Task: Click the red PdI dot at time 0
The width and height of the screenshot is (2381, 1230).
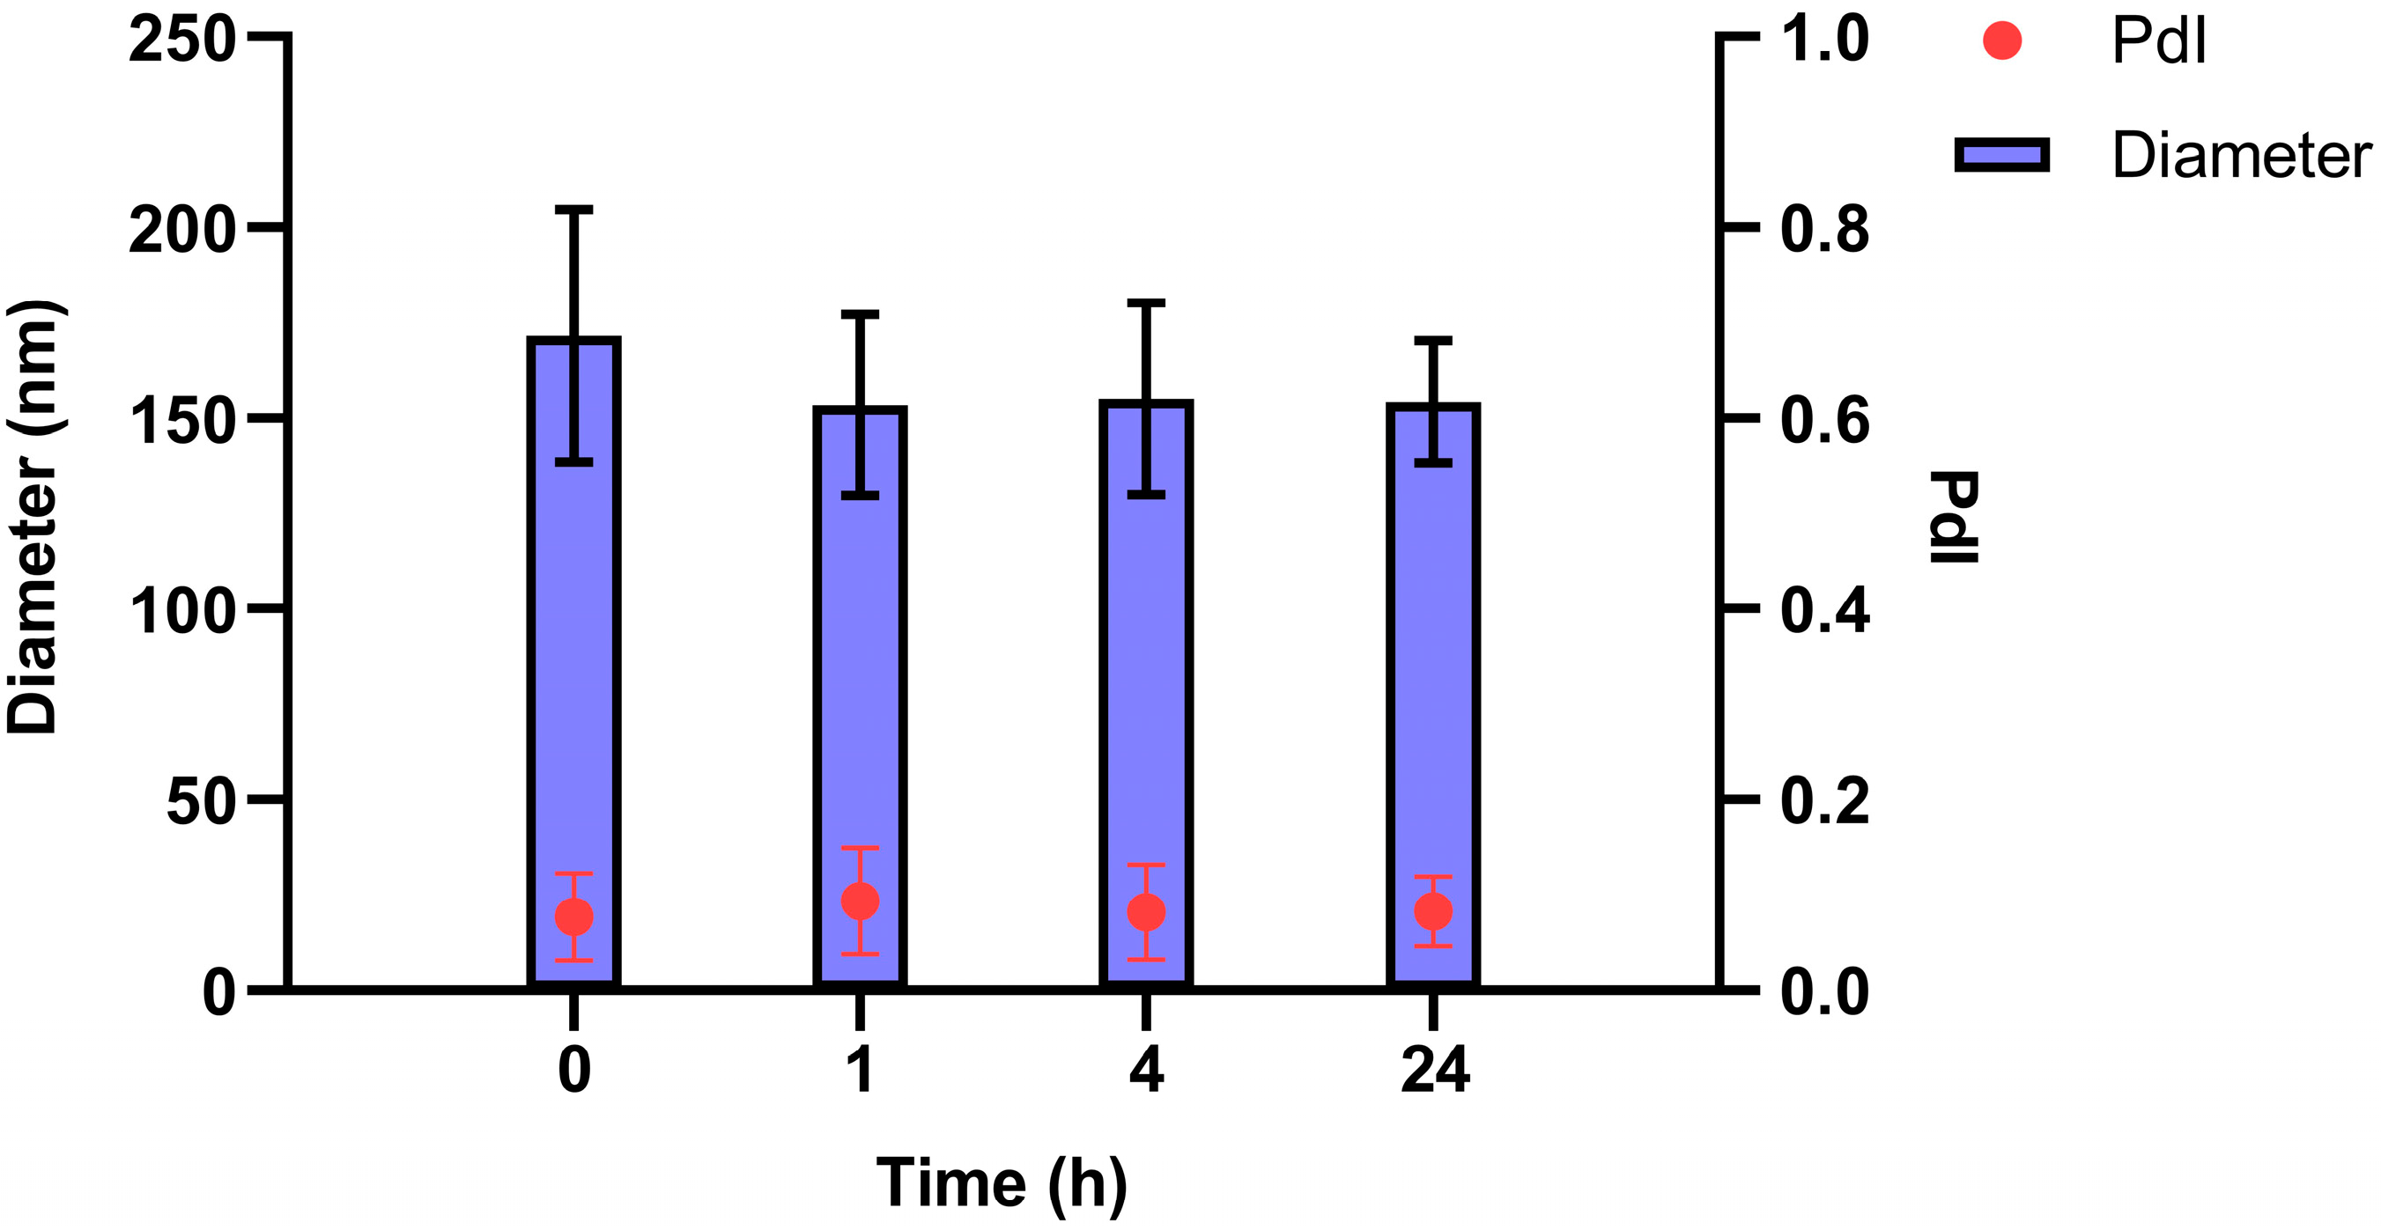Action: point(574,917)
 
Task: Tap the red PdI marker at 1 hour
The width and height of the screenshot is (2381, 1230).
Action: point(860,900)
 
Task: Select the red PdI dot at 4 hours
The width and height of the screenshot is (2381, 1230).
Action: point(1146,912)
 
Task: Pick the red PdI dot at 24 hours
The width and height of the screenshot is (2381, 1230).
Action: point(1432,911)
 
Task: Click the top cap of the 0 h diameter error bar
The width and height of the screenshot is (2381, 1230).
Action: point(574,210)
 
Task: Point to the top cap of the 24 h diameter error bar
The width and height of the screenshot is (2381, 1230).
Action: point(1432,340)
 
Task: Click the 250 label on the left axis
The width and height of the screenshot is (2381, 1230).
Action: point(182,41)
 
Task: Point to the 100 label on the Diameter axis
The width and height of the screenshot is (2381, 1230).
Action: point(182,611)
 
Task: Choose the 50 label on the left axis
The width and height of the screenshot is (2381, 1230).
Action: point(201,801)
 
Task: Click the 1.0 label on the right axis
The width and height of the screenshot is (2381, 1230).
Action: point(1824,41)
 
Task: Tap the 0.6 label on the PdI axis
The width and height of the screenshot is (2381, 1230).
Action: point(1824,421)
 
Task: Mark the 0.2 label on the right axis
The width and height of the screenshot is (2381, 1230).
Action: point(1824,801)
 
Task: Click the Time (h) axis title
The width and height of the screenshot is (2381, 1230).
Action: point(1001,1184)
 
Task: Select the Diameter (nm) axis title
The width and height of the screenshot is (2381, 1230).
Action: point(35,518)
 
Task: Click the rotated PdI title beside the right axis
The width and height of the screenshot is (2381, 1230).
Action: point(1954,518)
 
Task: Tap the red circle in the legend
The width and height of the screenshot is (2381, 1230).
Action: point(2002,41)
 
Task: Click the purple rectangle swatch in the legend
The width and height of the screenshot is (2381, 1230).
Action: point(2002,154)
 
